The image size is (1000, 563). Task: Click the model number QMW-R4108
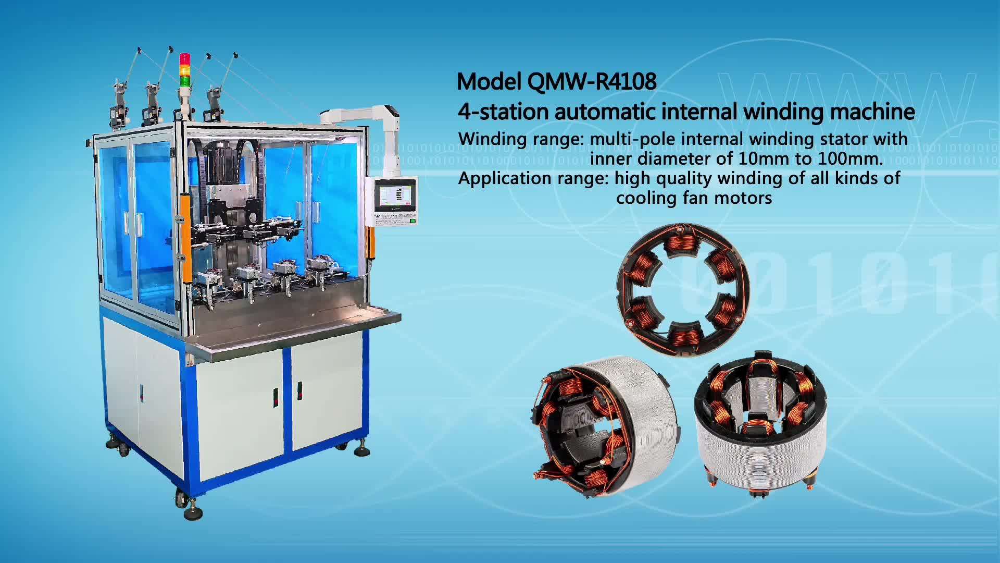[592, 81]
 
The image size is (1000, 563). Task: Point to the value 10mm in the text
[754, 158]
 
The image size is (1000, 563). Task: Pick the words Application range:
[533, 178]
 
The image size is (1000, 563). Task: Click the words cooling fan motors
[694, 198]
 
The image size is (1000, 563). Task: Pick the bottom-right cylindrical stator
[760, 422]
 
